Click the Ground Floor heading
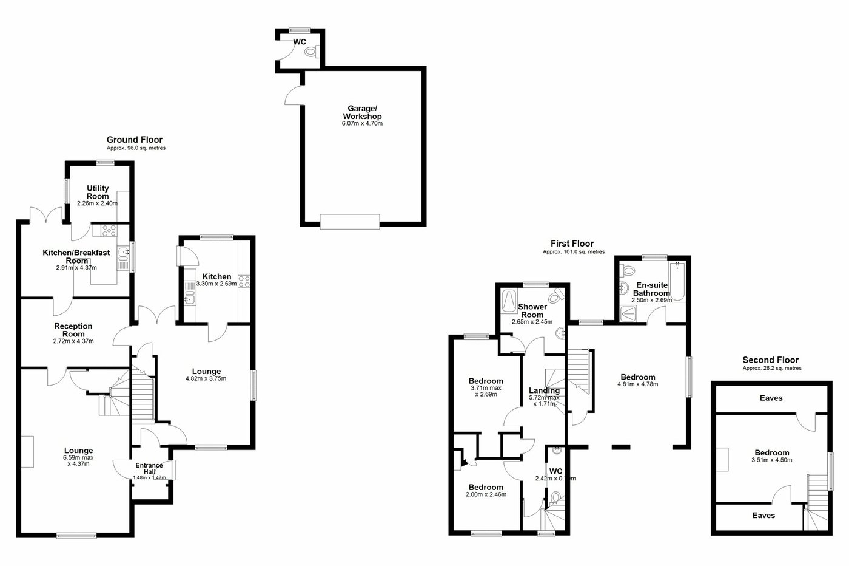point(135,140)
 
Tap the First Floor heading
point(572,244)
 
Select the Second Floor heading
point(771,360)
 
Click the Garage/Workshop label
point(362,112)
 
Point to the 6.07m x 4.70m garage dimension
point(362,124)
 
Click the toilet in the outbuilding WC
point(312,53)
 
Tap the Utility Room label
point(98,192)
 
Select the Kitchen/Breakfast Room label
point(76,256)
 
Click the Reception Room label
point(73,330)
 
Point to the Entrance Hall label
point(149,468)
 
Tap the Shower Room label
point(532,310)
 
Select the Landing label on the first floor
point(544,390)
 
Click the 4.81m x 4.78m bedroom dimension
point(637,384)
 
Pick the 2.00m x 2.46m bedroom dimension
point(486,494)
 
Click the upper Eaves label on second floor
point(771,398)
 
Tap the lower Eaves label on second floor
point(763,515)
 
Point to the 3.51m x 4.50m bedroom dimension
point(772,460)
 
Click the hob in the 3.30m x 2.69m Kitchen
point(245,281)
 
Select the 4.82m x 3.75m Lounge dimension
point(206,378)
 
